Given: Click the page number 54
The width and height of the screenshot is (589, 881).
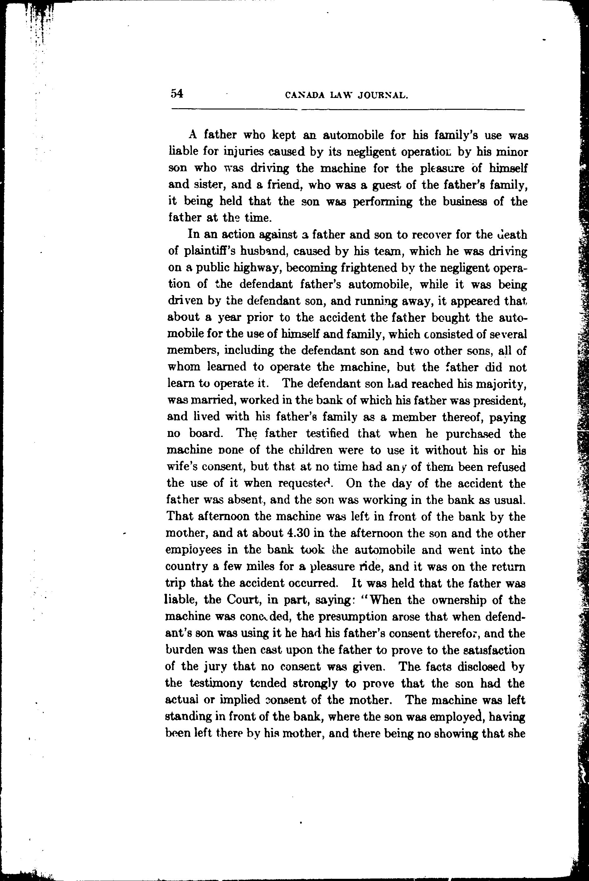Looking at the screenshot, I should pos(177,94).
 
